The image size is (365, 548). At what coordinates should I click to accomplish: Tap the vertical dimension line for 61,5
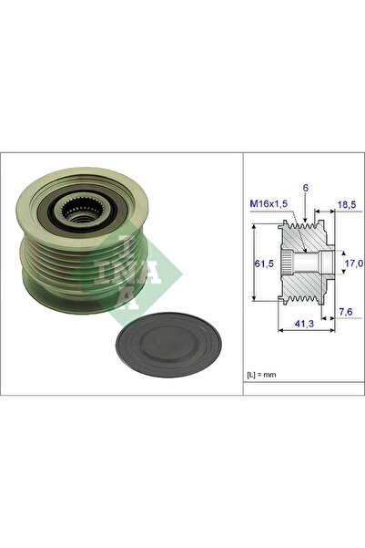click(252, 264)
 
